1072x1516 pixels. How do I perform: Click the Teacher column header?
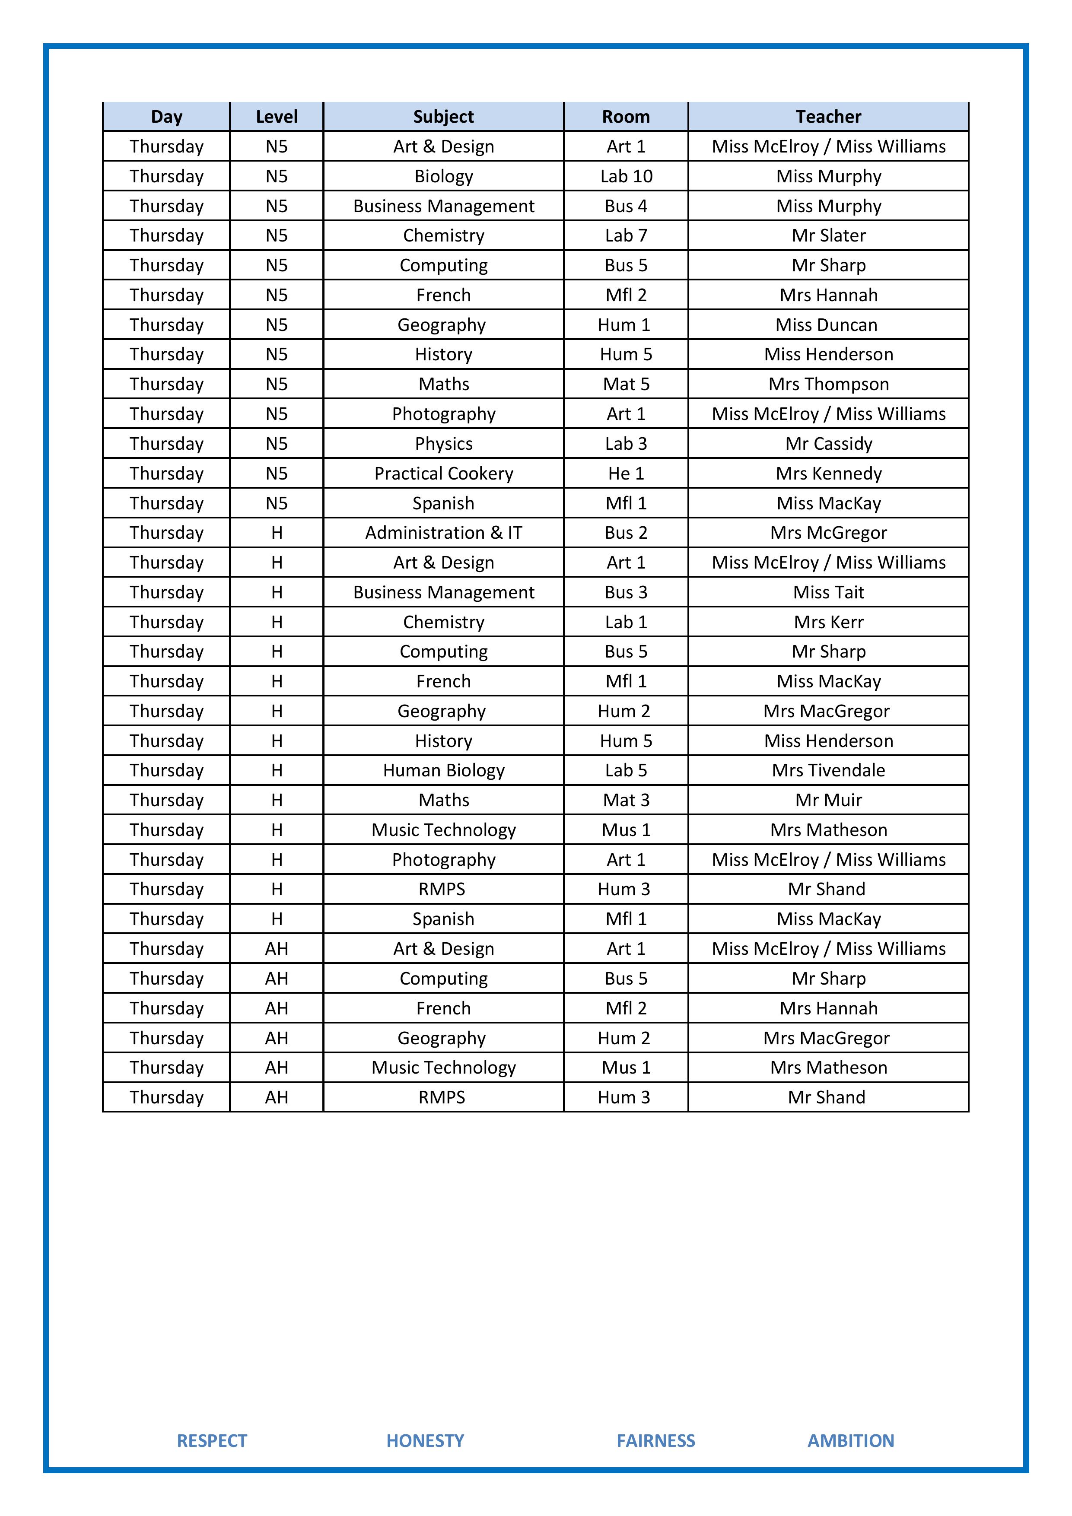point(828,117)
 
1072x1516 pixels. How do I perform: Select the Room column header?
point(626,117)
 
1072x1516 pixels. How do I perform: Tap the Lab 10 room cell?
point(626,176)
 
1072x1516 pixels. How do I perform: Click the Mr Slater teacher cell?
point(828,236)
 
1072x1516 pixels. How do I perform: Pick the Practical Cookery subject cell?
point(443,474)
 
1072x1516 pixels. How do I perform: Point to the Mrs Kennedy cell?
point(828,474)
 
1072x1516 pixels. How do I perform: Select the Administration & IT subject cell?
point(443,533)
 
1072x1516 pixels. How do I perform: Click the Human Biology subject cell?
point(443,771)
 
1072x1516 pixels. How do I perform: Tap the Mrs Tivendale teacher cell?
point(828,771)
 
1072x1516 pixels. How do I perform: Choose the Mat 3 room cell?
point(626,800)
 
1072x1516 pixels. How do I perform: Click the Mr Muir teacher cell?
point(828,800)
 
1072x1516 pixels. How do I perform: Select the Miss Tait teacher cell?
point(828,592)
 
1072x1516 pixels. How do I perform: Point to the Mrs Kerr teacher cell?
point(828,622)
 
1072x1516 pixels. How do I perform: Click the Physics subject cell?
point(443,444)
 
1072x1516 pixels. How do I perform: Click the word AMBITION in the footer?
point(851,1441)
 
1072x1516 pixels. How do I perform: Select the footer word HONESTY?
point(425,1441)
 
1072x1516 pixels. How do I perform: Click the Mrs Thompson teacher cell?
point(828,384)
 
